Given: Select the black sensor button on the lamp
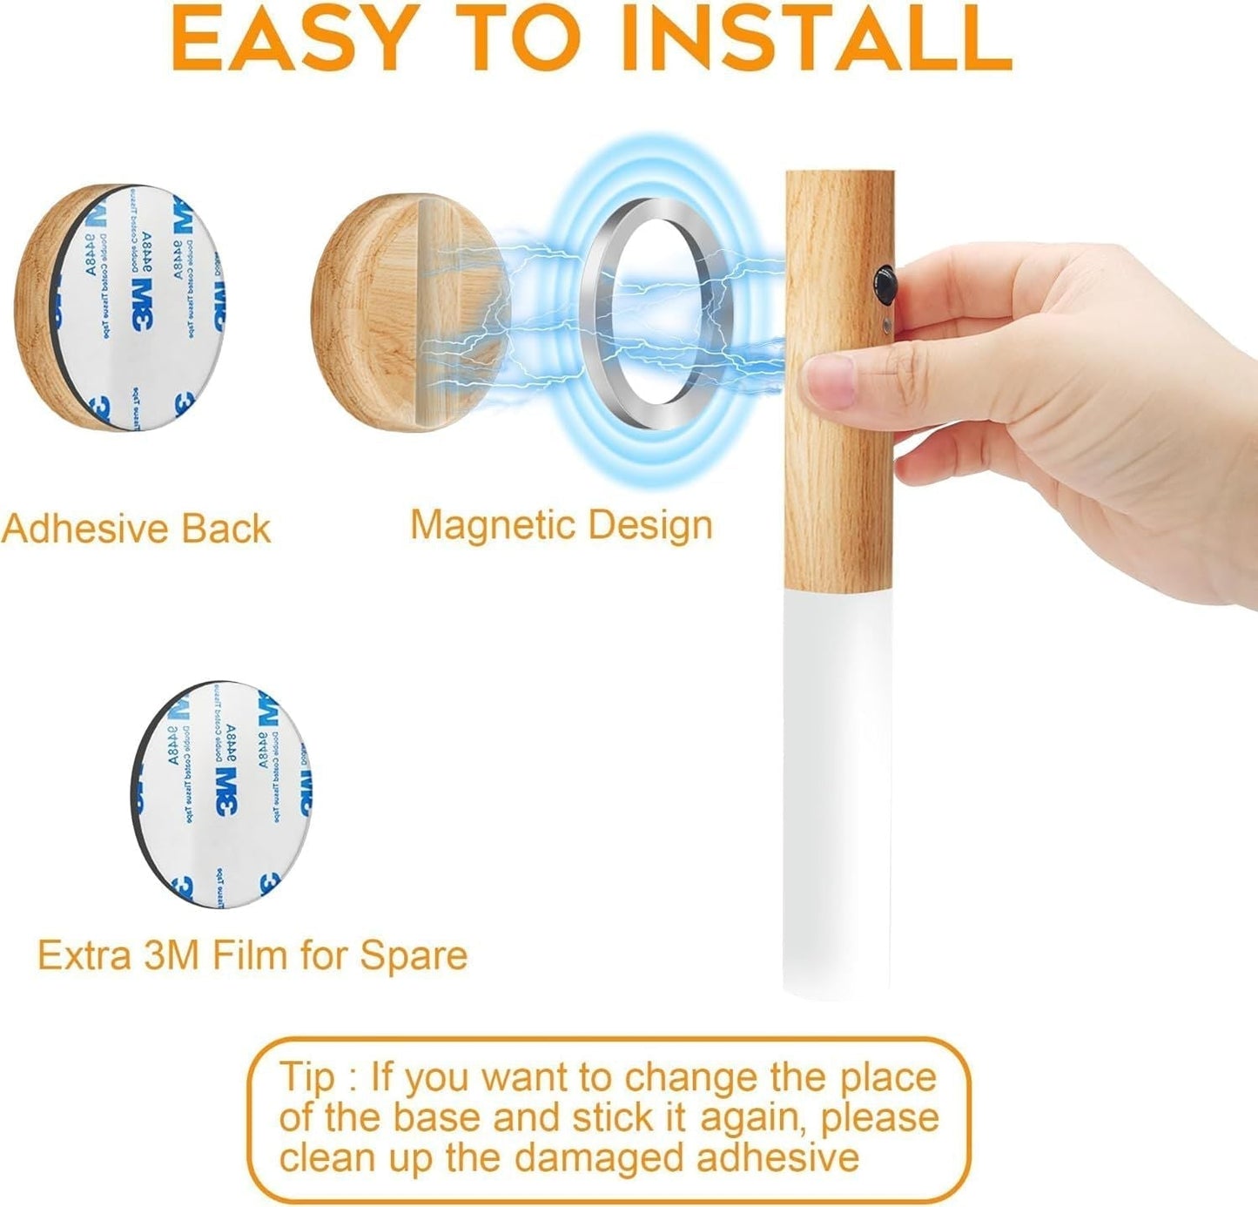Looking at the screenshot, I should [x=885, y=285].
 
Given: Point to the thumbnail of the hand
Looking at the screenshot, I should [x=829, y=383].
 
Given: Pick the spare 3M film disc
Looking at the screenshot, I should [x=224, y=794].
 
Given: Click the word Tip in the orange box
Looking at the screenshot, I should [x=306, y=1077].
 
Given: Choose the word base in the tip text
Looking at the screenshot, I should [x=430, y=1117].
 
